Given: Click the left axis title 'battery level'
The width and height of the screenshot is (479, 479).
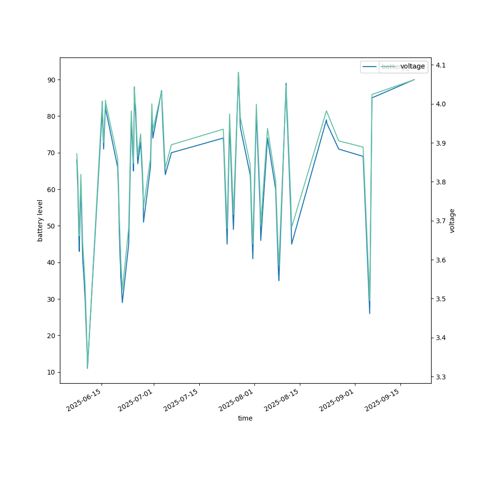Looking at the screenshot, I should tap(40, 220).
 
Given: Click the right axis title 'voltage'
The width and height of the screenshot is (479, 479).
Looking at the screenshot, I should tap(452, 220).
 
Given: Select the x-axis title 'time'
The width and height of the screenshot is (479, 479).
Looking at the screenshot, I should tap(245, 418).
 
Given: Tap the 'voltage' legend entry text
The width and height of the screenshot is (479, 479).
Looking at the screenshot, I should tap(412, 66).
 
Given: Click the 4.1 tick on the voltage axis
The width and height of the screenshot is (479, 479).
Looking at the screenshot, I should tap(441, 65).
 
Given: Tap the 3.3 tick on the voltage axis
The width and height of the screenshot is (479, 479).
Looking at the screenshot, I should tap(441, 377).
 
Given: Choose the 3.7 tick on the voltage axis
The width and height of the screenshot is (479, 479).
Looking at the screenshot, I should tap(441, 221).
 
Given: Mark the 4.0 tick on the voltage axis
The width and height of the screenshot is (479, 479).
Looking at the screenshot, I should tap(441, 104).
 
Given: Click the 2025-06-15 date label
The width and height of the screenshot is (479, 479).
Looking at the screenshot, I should tap(84, 400).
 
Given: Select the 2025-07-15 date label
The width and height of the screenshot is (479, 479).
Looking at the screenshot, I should tap(182, 400).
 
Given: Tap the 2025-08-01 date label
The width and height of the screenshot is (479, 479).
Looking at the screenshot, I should tap(237, 400).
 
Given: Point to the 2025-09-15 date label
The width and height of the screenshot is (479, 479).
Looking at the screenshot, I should tap(383, 400).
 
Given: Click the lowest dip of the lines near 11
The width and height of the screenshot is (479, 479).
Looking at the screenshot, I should tap(87, 368).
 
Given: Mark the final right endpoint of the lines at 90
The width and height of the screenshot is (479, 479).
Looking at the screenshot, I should tap(414, 80).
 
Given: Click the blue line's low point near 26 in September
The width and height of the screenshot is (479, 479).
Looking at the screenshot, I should tap(369, 313).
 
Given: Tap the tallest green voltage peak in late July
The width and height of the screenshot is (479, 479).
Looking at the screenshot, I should tap(238, 72).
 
